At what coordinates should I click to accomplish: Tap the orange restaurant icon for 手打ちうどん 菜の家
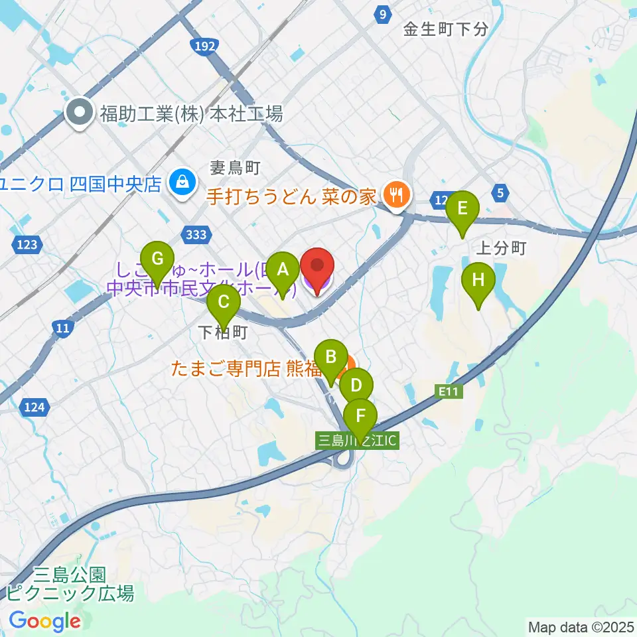click(x=397, y=195)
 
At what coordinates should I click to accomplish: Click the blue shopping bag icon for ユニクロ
click(x=180, y=181)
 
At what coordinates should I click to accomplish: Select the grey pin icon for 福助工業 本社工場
click(x=80, y=114)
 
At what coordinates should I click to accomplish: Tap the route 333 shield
click(x=198, y=234)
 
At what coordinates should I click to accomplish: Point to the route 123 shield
click(x=27, y=246)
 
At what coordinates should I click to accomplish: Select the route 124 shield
click(x=33, y=407)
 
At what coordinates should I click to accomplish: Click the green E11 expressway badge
click(x=449, y=393)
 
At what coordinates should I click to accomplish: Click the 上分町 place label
click(x=501, y=248)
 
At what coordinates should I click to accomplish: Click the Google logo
click(x=44, y=621)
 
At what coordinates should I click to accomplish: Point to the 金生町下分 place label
click(x=447, y=29)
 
